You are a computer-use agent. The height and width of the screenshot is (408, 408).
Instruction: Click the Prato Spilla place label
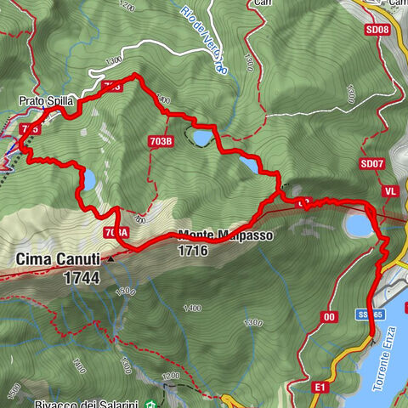click(x=47, y=101)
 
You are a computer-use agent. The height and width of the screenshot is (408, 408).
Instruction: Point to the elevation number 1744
click(x=81, y=277)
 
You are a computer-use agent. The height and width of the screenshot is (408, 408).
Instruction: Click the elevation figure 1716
click(x=194, y=251)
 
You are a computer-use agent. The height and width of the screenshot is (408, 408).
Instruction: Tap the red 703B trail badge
click(x=161, y=141)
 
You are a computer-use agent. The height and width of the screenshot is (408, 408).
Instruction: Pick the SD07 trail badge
click(x=371, y=163)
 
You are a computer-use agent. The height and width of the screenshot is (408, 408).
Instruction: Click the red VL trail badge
click(x=391, y=191)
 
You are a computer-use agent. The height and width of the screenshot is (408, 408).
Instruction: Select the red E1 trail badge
click(x=320, y=388)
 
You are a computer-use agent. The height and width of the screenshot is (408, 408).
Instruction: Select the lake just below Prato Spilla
click(x=86, y=179)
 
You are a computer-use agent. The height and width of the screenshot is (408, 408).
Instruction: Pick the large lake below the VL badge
click(x=358, y=224)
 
